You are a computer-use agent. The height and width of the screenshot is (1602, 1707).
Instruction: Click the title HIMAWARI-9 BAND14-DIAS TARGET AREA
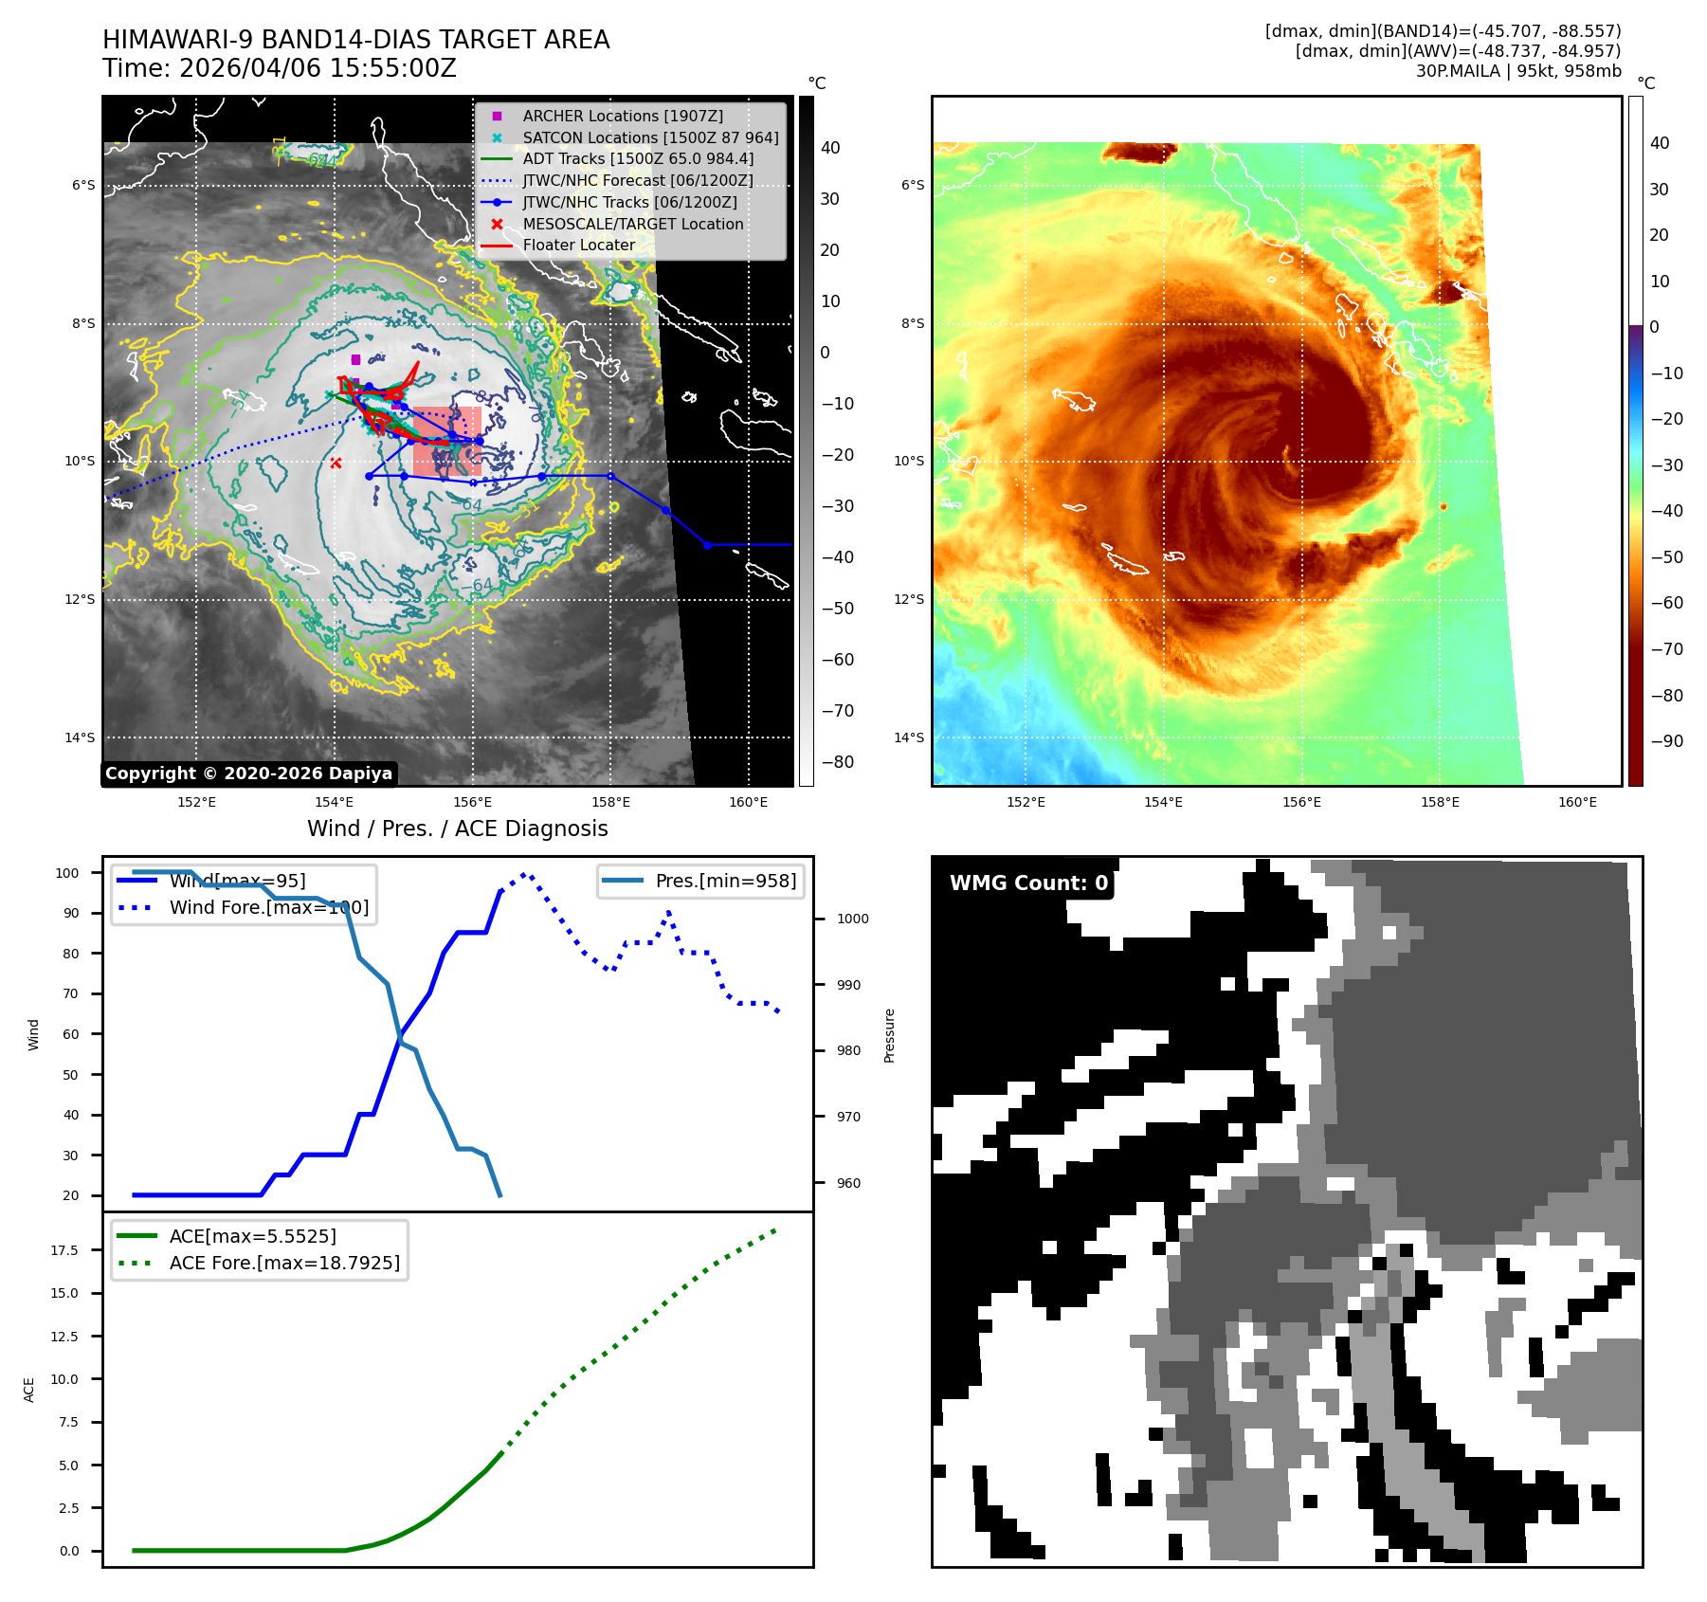(x=355, y=40)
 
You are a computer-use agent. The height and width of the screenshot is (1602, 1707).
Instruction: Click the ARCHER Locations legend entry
(x=622, y=116)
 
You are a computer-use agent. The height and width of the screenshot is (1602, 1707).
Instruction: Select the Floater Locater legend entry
(x=578, y=245)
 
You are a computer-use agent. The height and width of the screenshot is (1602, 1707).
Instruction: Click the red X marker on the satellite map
(x=336, y=463)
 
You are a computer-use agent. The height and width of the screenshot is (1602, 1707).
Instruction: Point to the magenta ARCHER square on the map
(x=355, y=359)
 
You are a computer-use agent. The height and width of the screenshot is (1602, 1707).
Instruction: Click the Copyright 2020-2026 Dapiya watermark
(x=248, y=774)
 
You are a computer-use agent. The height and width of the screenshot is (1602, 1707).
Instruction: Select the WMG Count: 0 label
(x=1028, y=883)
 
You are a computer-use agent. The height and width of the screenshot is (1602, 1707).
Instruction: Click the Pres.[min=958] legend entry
(x=725, y=881)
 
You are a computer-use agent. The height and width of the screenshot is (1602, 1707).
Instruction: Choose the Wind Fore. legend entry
(x=268, y=907)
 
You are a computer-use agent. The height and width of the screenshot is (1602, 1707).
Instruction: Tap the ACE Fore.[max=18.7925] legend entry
(x=283, y=1263)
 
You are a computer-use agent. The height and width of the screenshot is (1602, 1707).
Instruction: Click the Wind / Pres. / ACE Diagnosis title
(x=457, y=828)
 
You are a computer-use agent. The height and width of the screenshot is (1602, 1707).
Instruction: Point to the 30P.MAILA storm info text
(x=1517, y=71)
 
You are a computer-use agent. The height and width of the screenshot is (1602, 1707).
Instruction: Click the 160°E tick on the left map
(x=748, y=802)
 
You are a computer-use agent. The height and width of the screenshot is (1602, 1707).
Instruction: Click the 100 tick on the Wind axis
(x=67, y=873)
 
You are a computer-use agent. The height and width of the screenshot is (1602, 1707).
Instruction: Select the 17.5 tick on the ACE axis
(x=64, y=1250)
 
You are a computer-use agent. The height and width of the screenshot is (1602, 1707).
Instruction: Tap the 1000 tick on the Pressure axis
(x=852, y=919)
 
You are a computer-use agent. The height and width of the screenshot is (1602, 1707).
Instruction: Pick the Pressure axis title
(x=889, y=1035)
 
